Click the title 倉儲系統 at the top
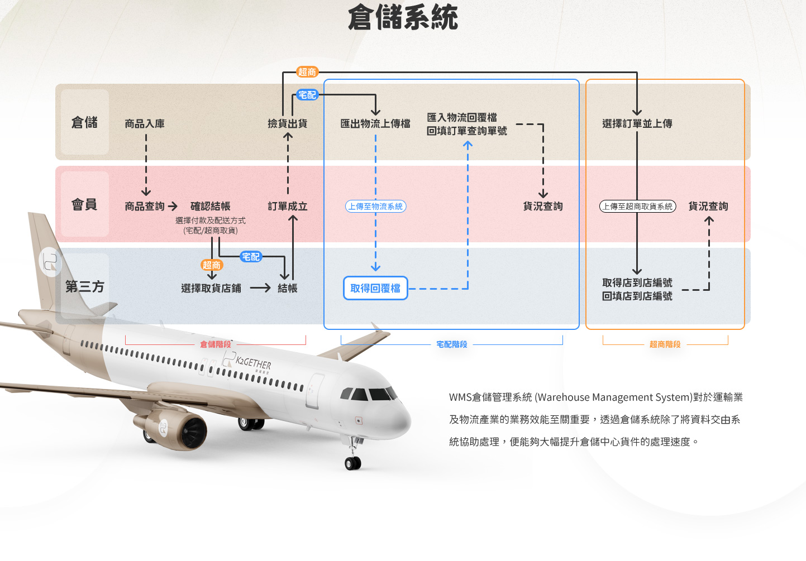point(403,17)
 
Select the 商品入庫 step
point(145,123)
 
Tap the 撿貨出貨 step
point(287,123)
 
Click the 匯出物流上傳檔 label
point(375,123)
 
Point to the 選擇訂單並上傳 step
point(637,123)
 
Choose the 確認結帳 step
point(210,207)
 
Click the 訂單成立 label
point(287,207)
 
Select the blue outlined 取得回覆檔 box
point(375,288)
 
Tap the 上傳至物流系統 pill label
point(375,207)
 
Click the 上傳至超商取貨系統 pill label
point(637,207)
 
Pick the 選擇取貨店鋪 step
point(211,288)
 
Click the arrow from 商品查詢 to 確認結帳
point(173,207)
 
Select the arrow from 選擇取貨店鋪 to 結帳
point(260,288)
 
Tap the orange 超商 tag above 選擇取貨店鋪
point(212,265)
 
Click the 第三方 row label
point(85,286)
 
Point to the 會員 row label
point(85,204)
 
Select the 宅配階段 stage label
point(451,344)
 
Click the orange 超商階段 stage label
point(665,344)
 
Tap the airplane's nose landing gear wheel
point(352,463)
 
